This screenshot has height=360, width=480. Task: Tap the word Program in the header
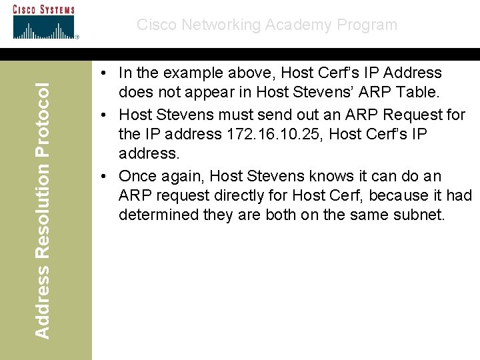(x=369, y=25)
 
